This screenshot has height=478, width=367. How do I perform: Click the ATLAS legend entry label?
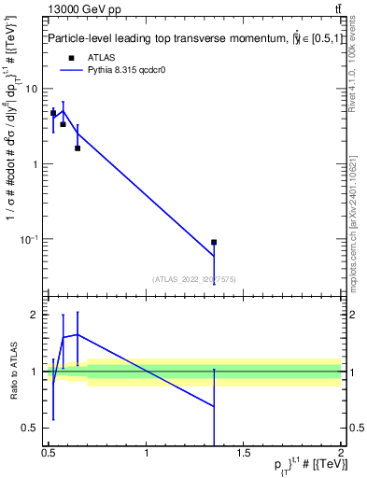102,57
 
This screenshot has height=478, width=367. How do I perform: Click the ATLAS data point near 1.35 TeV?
214,243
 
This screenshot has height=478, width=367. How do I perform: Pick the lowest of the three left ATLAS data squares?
78,148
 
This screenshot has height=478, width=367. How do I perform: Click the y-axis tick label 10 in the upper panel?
31,89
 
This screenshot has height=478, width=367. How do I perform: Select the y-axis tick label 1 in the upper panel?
35,164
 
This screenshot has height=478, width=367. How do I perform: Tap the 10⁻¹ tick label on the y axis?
28,240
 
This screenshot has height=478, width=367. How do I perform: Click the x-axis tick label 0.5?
49,455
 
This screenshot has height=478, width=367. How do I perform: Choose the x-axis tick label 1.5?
244,455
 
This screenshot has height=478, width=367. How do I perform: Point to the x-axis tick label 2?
341,455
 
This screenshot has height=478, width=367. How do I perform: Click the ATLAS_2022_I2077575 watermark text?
194,278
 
